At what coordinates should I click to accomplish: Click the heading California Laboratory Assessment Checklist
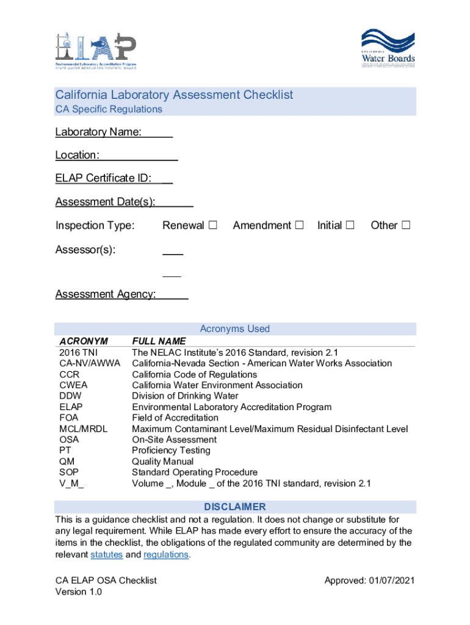[174, 95]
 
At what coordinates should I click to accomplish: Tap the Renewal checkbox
[212, 225]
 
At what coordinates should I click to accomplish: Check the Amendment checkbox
[299, 225]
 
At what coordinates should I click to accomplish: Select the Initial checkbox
[350, 225]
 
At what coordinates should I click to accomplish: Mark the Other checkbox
[405, 225]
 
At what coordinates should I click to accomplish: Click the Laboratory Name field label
[98, 132]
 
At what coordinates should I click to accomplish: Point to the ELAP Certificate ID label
[103, 178]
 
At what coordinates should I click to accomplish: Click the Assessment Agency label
[105, 294]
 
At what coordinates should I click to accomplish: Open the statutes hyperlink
[107, 554]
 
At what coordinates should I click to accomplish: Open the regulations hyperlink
[165, 554]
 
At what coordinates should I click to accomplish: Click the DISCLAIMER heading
[235, 507]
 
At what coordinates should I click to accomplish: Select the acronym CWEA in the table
[73, 385]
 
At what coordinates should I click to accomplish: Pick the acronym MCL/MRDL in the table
[83, 429]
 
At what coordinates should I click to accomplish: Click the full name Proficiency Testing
[171, 450]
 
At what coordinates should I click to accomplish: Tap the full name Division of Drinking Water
[185, 396]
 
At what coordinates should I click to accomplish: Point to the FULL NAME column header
[159, 341]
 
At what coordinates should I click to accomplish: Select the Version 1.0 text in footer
[79, 592]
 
